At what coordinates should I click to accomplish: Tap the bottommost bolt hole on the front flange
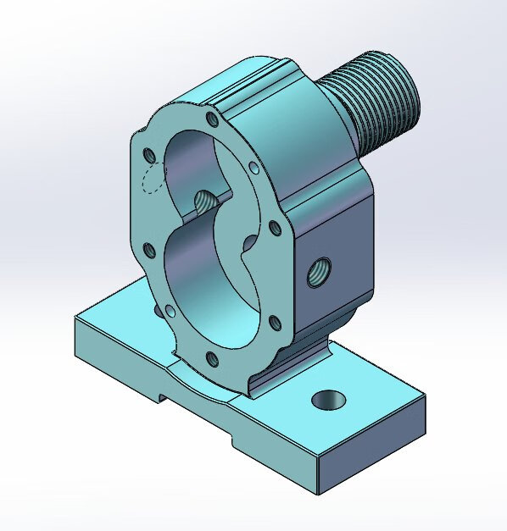pos(212,360)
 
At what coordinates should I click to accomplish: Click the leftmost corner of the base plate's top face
pos(76,319)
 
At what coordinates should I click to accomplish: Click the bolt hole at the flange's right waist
pos(274,227)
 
